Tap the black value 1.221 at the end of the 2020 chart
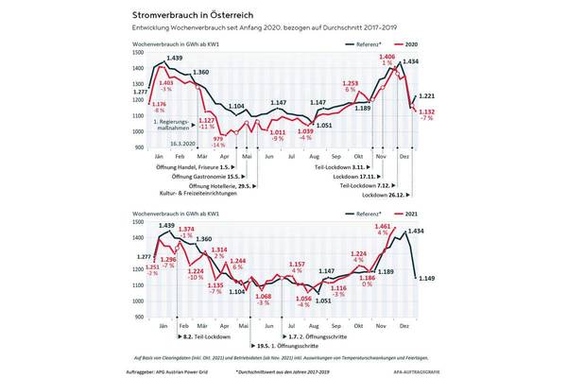426,96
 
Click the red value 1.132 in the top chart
426,112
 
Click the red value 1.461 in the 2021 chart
384,228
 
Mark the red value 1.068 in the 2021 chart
264,297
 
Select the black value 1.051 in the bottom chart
322,301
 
